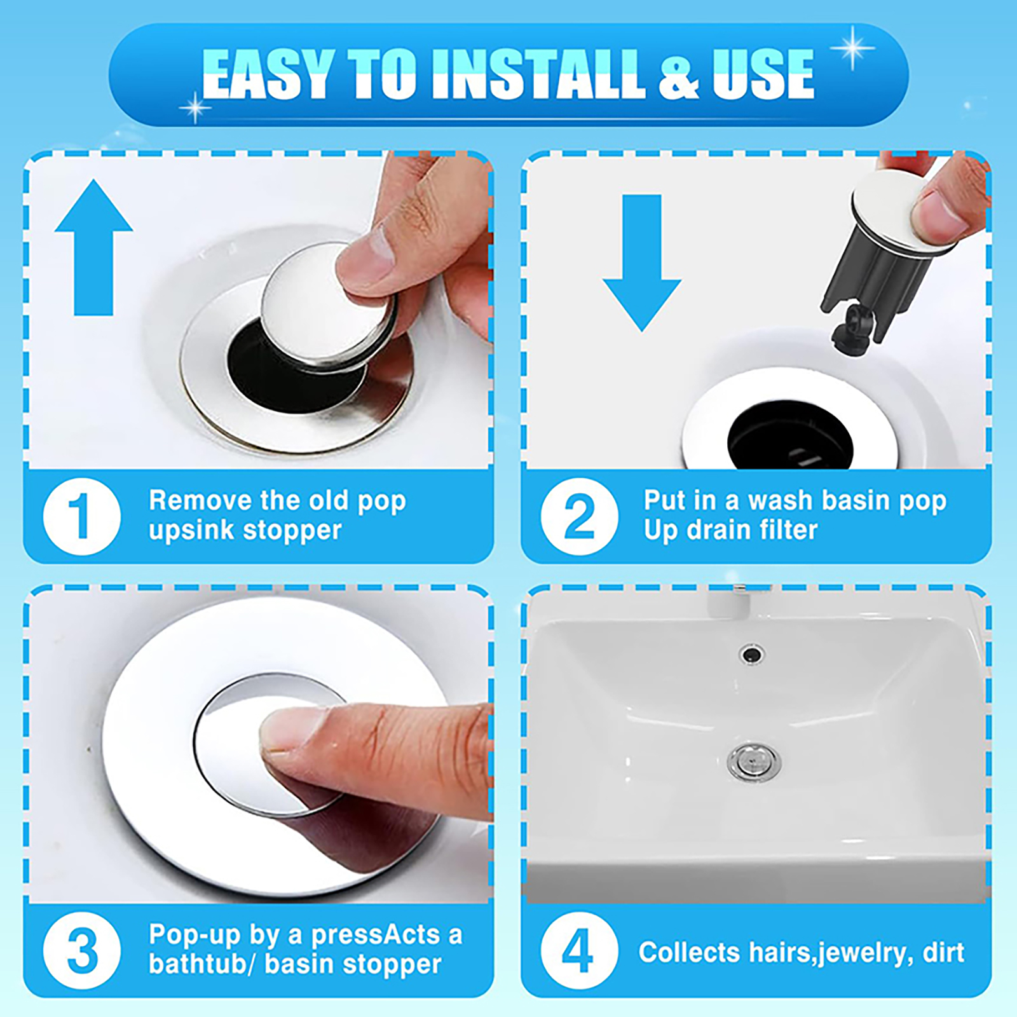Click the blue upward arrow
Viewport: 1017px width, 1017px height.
(94, 248)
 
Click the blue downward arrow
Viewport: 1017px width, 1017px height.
(642, 263)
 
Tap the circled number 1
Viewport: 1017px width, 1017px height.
(81, 516)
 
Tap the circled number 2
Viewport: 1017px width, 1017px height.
(579, 516)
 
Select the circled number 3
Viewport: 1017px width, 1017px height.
(81, 951)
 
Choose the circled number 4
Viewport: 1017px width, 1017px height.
(579, 951)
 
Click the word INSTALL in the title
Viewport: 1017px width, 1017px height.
(539, 74)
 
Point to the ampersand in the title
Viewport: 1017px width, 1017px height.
(679, 75)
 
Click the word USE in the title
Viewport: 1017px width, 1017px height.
(763, 74)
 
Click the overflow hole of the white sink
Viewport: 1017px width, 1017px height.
(752, 653)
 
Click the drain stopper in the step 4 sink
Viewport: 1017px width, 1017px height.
(754, 761)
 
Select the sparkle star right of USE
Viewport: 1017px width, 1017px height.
(852, 48)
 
